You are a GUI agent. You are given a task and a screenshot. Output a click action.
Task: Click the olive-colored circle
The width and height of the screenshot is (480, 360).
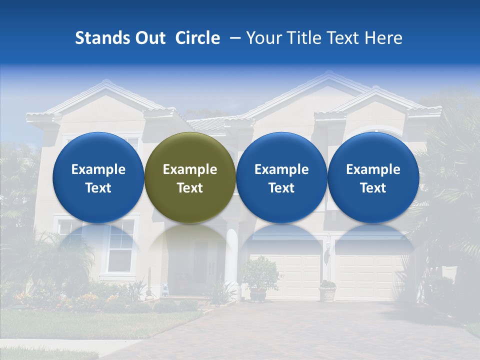(x=190, y=178)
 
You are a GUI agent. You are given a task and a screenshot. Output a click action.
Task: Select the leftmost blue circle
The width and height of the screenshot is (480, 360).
(x=98, y=178)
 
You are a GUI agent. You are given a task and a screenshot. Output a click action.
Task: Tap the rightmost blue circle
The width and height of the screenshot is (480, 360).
(x=373, y=178)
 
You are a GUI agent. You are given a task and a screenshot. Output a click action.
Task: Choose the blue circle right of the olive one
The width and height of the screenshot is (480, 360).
(x=281, y=178)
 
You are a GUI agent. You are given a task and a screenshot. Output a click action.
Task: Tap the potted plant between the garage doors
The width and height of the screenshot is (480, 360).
(x=327, y=290)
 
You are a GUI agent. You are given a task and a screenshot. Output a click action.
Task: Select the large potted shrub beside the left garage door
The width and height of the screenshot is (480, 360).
(x=260, y=278)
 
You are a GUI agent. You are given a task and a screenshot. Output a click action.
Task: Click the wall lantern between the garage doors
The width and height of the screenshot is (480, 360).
(x=326, y=255)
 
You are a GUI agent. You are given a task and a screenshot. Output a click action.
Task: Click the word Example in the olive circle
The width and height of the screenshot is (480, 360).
(x=190, y=169)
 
